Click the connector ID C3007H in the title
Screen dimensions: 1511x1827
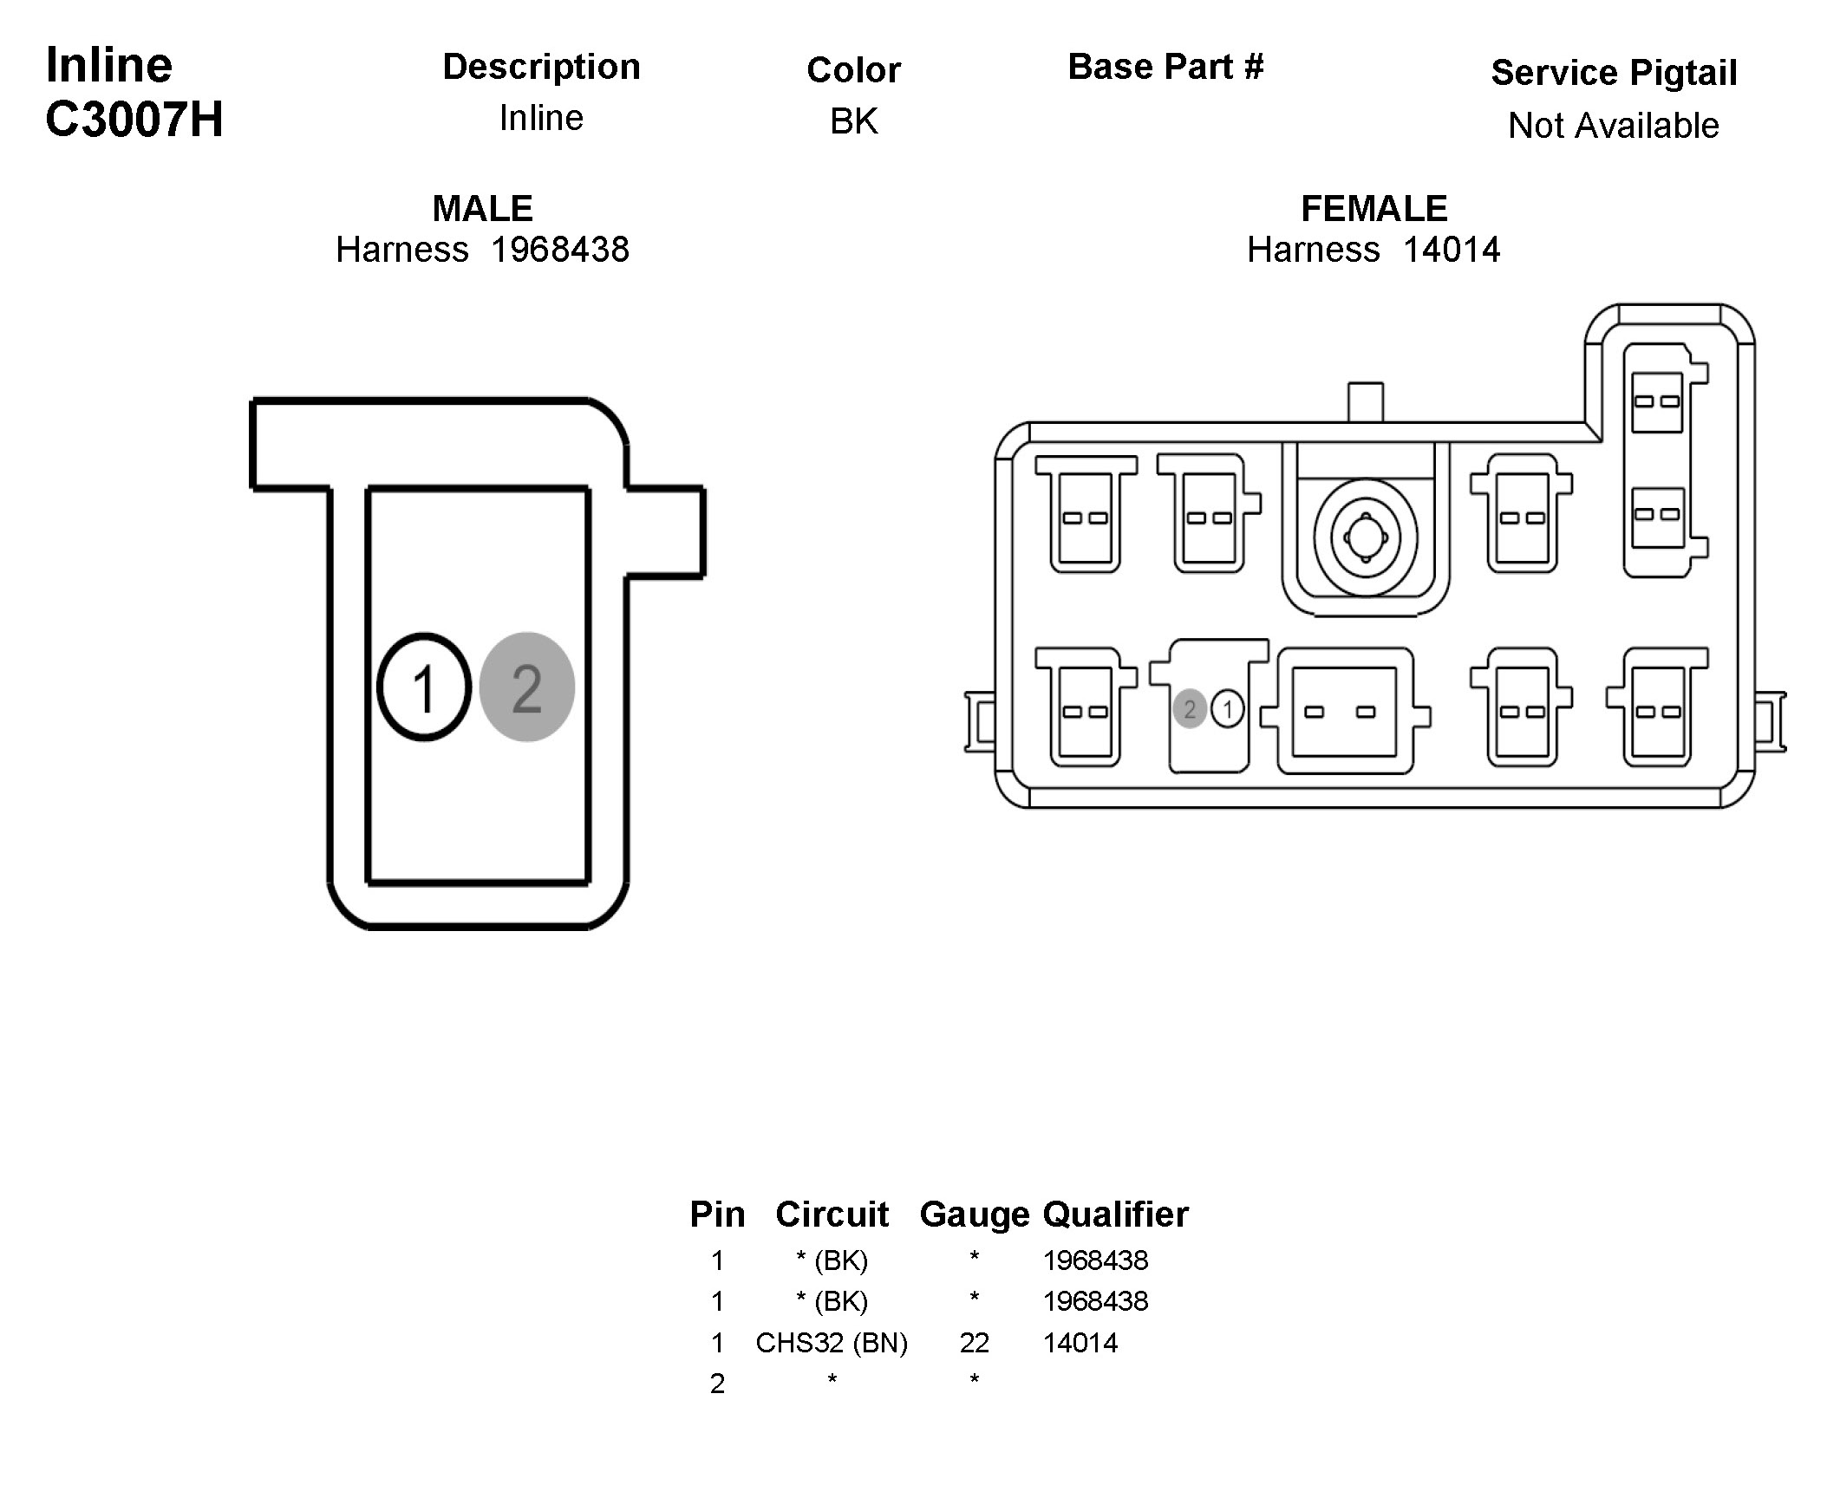pos(134,119)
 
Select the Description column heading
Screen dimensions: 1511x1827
pos(541,67)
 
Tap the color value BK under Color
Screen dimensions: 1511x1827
pos(853,121)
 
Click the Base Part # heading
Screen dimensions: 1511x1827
pos(1165,67)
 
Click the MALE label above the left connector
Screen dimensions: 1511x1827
pos(482,209)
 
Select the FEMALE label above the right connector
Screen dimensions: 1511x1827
pos(1374,209)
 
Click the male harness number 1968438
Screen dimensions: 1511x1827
pos(559,251)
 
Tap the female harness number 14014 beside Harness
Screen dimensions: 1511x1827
pos(1452,251)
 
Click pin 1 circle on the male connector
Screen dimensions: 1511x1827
pos(424,687)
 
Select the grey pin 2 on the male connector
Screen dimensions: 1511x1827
pos(526,687)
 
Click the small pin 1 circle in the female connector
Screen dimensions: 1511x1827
pos(1228,709)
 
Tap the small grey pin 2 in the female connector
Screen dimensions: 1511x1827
pos(1190,709)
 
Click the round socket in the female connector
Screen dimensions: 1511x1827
pos(1365,537)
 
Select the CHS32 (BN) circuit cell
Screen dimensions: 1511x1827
pos(831,1343)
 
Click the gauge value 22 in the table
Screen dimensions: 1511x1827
pos(974,1343)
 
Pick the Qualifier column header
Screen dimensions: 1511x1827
pos(1115,1215)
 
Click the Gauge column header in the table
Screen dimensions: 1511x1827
pos(974,1215)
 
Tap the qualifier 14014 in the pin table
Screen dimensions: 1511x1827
pos(1080,1343)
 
